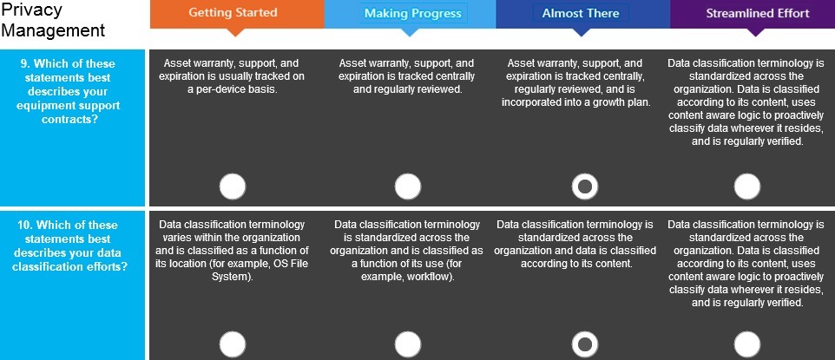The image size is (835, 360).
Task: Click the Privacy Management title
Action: pos(53,20)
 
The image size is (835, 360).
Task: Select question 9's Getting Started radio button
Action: pos(233,187)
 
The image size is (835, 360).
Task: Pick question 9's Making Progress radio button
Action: pos(408,187)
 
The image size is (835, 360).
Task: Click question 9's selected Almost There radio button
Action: pos(585,187)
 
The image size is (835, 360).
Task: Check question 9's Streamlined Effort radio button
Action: pos(747,187)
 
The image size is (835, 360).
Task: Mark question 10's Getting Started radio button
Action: pos(233,344)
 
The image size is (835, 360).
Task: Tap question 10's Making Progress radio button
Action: pos(408,344)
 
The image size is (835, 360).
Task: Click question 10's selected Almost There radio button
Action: pos(585,344)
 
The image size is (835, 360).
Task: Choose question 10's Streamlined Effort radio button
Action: pos(747,344)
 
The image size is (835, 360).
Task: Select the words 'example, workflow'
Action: pos(408,277)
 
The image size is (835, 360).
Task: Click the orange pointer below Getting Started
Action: pos(235,32)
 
